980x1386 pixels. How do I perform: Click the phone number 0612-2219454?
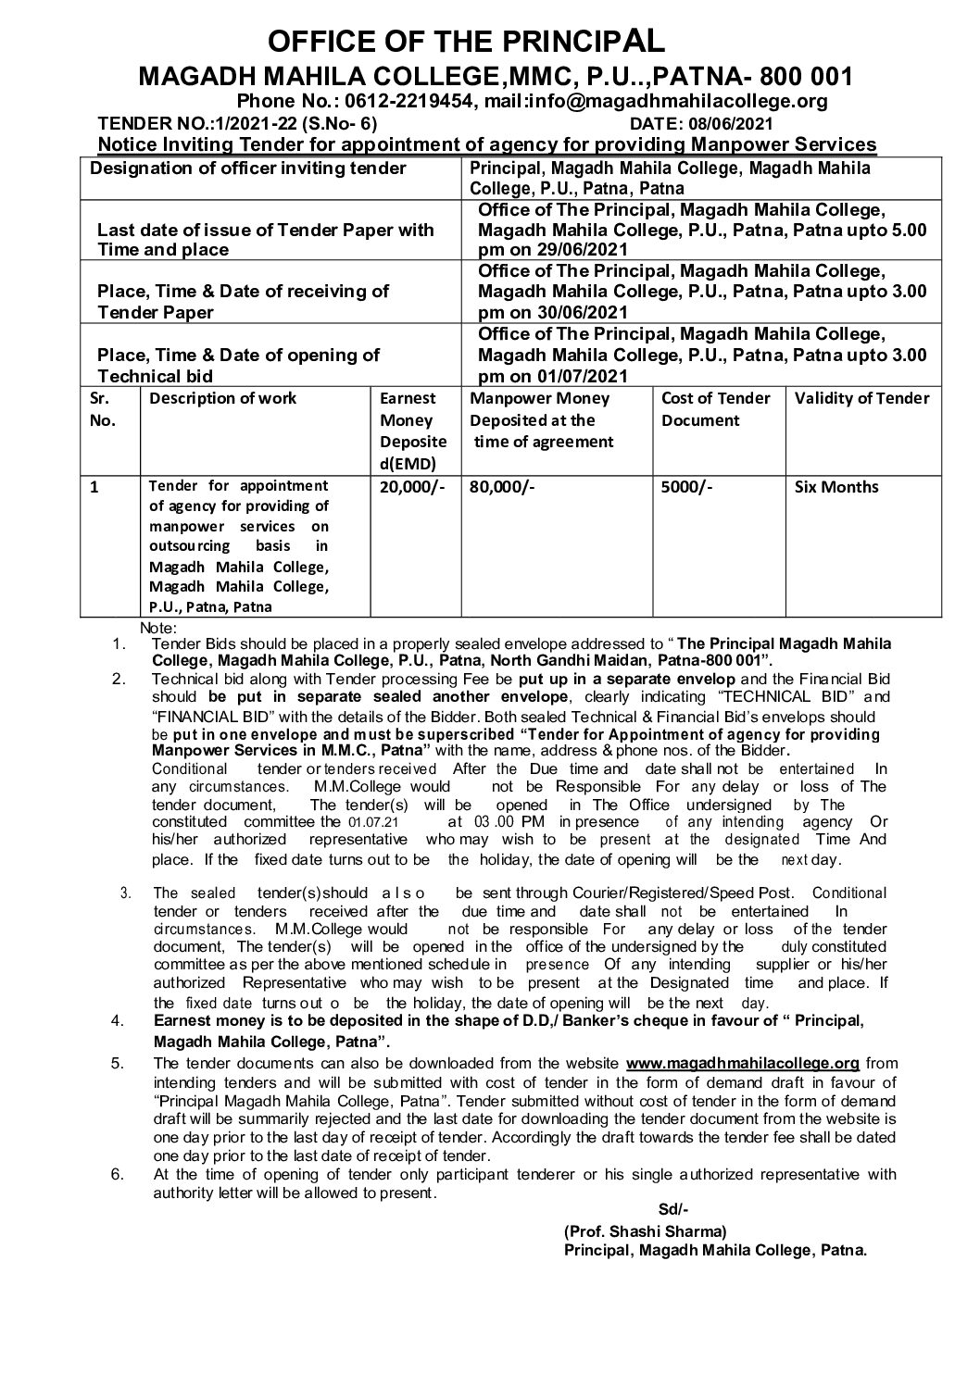pos(419,101)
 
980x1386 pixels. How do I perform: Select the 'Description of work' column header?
pos(223,398)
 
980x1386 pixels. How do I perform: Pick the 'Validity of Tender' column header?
pos(862,398)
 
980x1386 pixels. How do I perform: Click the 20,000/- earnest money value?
pos(408,487)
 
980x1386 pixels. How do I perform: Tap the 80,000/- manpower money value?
pos(503,487)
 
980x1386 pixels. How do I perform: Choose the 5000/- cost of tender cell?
pos(687,487)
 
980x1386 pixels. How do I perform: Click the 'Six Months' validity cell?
pos(837,487)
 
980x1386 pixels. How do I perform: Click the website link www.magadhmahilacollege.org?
pos(743,1063)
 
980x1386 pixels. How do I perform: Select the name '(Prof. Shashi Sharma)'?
pos(646,1231)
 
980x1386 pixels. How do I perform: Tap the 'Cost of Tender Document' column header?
pos(715,409)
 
